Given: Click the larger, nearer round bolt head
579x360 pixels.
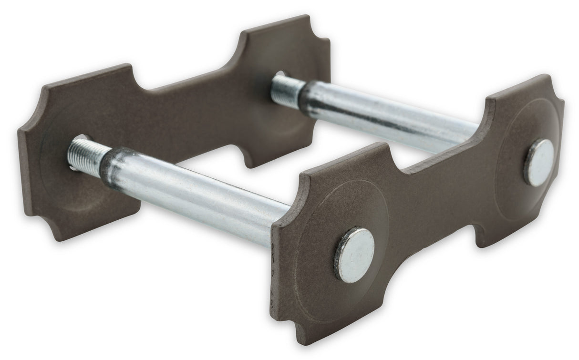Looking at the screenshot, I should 354,254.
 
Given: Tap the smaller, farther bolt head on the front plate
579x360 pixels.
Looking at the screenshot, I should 539,162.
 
